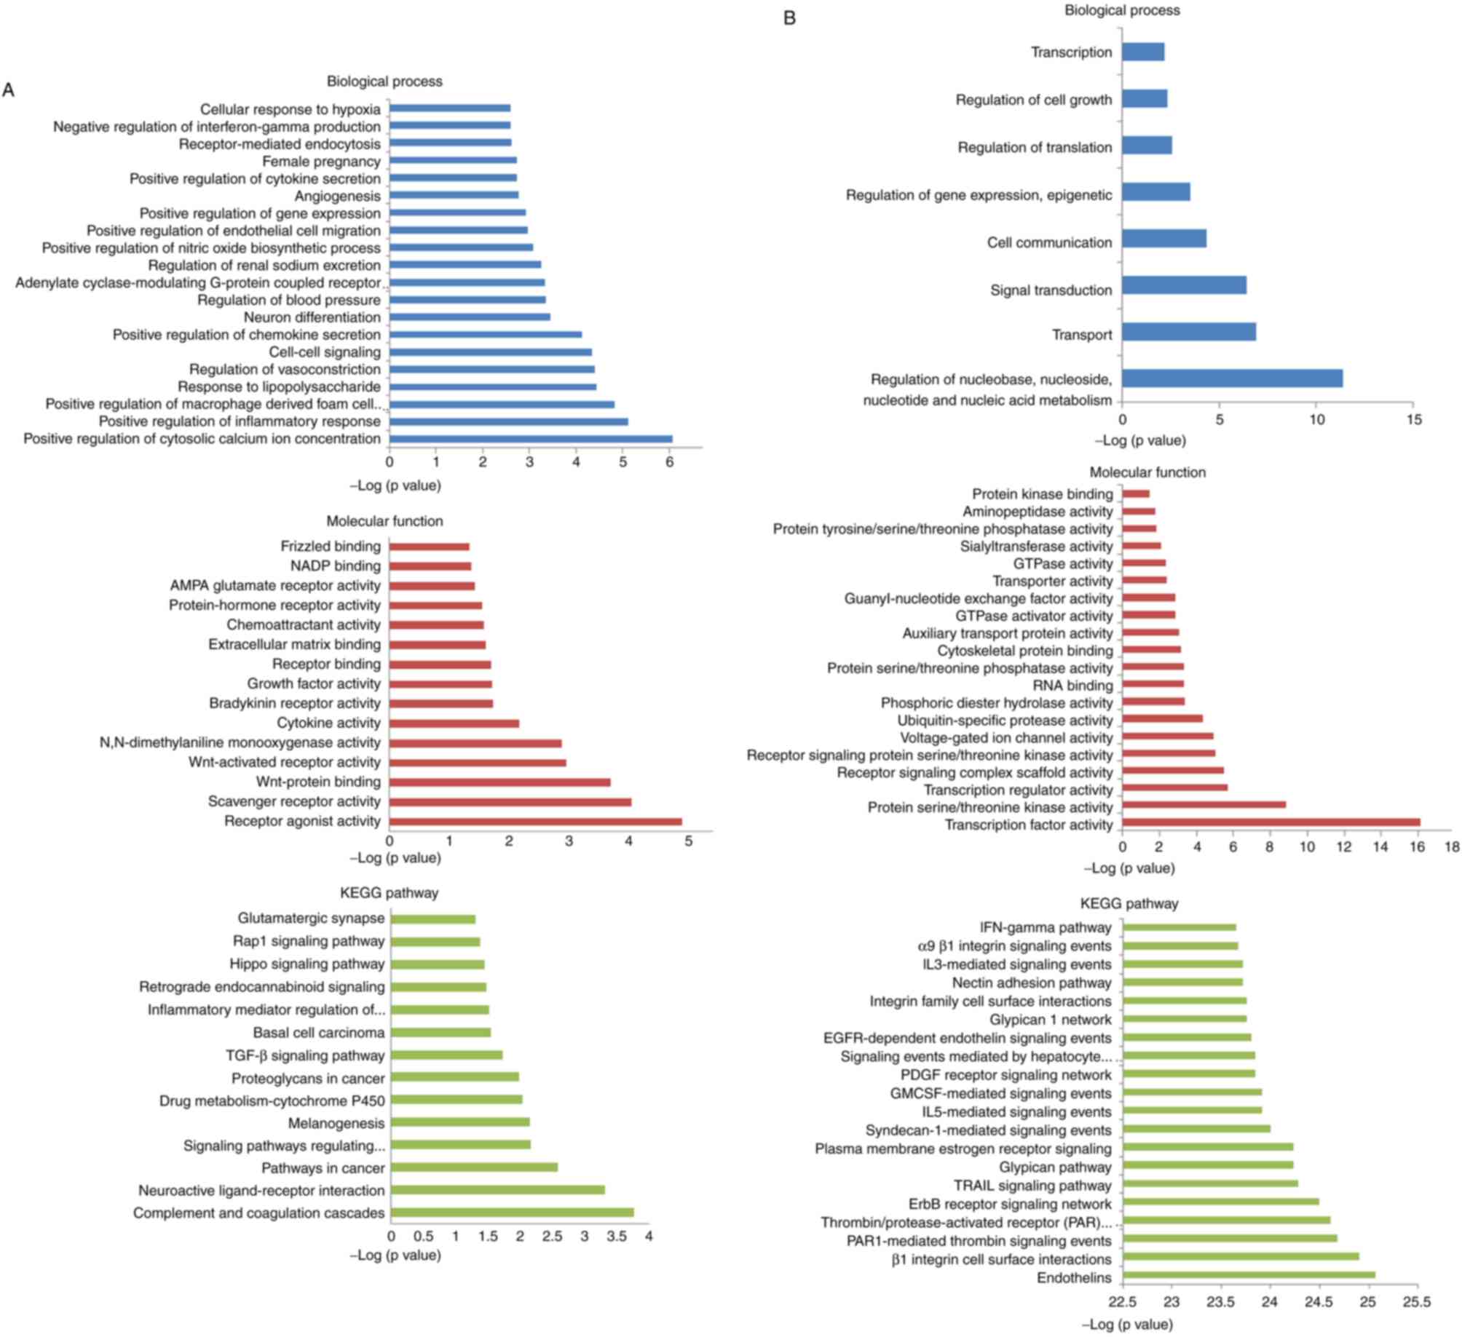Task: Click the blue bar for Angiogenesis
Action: click(454, 195)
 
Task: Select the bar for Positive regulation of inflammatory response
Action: click(508, 421)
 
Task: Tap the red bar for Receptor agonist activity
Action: click(535, 822)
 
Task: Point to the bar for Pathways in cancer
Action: click(474, 1167)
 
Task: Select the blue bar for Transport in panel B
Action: click(1188, 333)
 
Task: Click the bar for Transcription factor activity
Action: click(1271, 822)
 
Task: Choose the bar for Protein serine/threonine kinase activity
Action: click(1204, 805)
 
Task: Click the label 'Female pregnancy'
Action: click(321, 162)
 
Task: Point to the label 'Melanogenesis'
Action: click(336, 1123)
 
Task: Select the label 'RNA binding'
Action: click(1072, 686)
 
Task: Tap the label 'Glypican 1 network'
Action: click(1050, 1020)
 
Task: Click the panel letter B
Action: click(789, 18)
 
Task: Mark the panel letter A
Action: click(9, 90)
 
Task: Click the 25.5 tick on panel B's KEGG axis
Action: click(1416, 1302)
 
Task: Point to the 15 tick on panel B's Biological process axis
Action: click(1413, 420)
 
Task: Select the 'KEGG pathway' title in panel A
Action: click(389, 893)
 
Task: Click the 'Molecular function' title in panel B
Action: click(1147, 472)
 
